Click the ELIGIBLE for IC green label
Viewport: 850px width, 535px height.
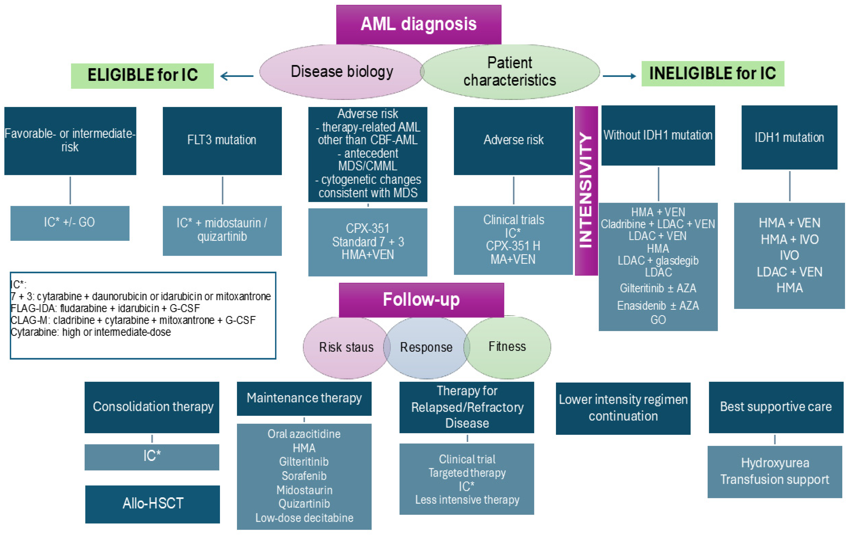(x=142, y=76)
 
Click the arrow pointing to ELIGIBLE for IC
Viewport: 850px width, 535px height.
(x=236, y=76)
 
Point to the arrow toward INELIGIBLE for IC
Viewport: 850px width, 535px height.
(x=619, y=76)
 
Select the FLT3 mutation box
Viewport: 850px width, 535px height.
(x=222, y=140)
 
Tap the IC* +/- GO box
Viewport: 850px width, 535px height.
(x=70, y=223)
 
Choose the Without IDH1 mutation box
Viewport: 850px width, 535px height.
(x=658, y=135)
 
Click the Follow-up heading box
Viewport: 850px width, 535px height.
(x=421, y=300)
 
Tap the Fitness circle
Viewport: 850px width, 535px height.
(x=507, y=347)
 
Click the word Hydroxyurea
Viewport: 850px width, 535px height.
(x=775, y=463)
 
